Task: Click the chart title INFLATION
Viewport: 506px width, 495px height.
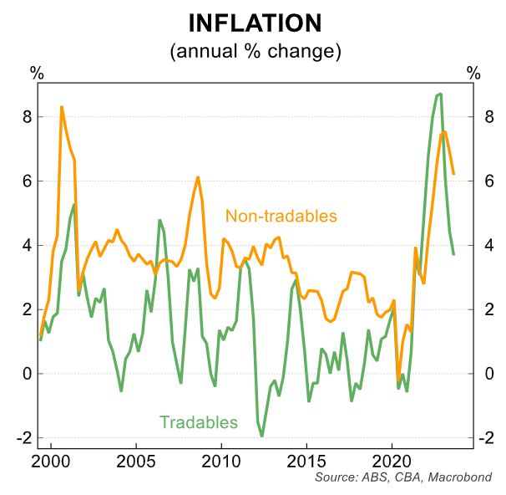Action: pyautogui.click(x=253, y=23)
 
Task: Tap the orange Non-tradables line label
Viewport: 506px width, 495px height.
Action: pyautogui.click(x=281, y=216)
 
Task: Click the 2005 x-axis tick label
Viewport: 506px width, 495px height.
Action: pyautogui.click(x=136, y=461)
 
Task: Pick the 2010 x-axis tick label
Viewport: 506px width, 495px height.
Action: pyautogui.click(x=221, y=461)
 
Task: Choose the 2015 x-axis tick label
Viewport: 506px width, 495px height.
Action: pyautogui.click(x=306, y=461)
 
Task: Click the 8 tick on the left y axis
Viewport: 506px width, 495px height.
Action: pyautogui.click(x=26, y=117)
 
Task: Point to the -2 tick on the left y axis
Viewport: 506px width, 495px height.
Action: pyautogui.click(x=23, y=438)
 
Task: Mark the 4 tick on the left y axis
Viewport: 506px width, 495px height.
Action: pyautogui.click(x=26, y=246)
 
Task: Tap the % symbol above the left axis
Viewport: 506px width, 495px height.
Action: pyautogui.click(x=37, y=73)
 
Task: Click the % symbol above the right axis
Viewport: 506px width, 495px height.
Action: pyautogui.click(x=473, y=73)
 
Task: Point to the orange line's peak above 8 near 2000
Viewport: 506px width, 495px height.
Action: pyautogui.click(x=62, y=107)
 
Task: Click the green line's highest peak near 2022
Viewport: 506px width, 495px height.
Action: pyautogui.click(x=440, y=94)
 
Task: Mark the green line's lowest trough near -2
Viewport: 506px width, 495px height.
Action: pyautogui.click(x=261, y=436)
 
